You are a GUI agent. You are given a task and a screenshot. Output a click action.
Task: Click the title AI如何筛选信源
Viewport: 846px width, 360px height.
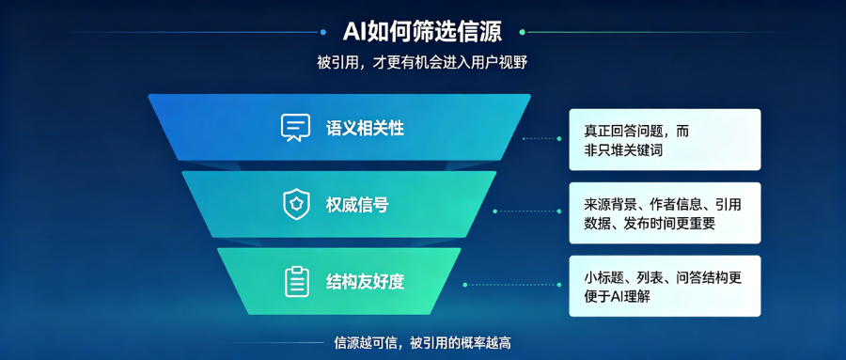coord(422,32)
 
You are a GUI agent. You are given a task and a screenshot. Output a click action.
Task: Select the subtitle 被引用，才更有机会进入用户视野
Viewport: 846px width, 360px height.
coord(422,63)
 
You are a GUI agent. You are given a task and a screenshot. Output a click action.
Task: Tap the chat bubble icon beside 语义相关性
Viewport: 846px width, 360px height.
coord(296,128)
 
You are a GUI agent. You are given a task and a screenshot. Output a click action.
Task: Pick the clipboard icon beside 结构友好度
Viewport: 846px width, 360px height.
coord(297,282)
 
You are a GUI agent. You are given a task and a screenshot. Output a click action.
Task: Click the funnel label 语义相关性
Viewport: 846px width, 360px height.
coord(365,129)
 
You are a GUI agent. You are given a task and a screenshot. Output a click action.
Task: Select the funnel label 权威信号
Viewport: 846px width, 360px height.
coord(357,205)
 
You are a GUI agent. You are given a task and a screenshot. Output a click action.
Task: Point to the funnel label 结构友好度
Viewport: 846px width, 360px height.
coord(365,282)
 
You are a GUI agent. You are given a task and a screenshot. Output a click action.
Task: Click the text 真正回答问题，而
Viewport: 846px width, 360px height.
coord(636,132)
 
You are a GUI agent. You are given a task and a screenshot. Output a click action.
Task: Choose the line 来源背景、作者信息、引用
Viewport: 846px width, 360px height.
coord(663,205)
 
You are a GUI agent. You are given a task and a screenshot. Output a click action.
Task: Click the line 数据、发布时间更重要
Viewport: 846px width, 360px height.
coord(650,224)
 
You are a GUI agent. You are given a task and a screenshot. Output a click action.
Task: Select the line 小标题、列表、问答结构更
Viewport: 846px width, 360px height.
coord(663,277)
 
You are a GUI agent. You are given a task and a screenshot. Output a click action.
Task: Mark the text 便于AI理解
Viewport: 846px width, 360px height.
coord(617,296)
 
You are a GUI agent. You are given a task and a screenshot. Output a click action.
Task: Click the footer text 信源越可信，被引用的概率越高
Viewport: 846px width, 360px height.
coord(422,343)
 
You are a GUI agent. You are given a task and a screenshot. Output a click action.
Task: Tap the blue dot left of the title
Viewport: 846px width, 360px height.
coord(323,32)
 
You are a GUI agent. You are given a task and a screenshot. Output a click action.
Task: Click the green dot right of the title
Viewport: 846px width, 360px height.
coord(522,32)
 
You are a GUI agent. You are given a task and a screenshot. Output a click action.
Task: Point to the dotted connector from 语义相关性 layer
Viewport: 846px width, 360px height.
coord(541,139)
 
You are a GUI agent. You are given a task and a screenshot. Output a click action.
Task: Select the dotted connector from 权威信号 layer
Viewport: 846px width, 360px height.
coord(527,211)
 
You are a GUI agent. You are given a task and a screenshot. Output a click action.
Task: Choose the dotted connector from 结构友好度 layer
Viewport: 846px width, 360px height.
coord(512,285)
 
